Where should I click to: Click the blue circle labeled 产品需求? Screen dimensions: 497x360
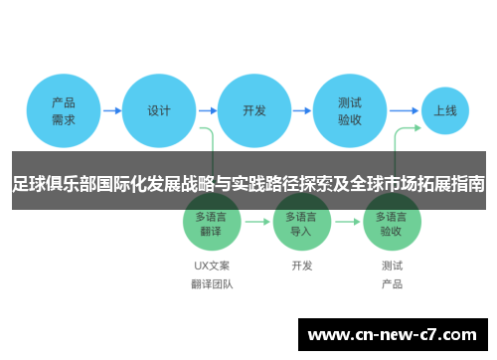64,111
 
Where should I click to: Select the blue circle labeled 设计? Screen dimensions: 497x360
158,111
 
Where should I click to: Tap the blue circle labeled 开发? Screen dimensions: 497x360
254,111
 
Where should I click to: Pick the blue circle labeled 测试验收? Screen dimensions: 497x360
349,111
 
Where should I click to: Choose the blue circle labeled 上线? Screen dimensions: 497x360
444,111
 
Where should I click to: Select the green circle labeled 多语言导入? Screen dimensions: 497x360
301,223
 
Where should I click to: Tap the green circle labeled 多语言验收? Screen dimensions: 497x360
392,223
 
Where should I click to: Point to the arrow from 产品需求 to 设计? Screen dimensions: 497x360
110,111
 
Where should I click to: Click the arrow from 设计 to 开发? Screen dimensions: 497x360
206,111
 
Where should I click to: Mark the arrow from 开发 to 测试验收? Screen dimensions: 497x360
301,111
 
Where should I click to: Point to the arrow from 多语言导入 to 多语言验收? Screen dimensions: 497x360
347,223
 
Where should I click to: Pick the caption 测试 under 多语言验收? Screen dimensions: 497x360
392,266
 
